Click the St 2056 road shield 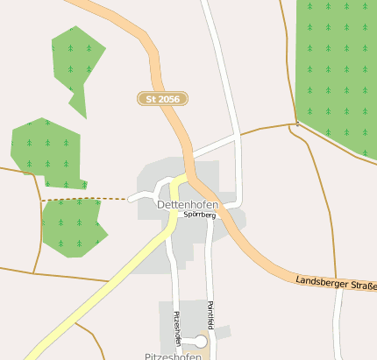(163, 99)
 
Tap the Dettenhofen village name (187, 204)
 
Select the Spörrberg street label (199, 214)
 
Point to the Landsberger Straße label (336, 283)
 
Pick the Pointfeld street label (210, 316)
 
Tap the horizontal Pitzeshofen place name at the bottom (174, 356)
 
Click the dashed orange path (83, 199)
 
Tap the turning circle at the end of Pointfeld (201, 342)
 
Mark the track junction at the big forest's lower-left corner (295, 124)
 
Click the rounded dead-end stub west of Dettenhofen (132, 199)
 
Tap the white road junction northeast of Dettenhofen (237, 136)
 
